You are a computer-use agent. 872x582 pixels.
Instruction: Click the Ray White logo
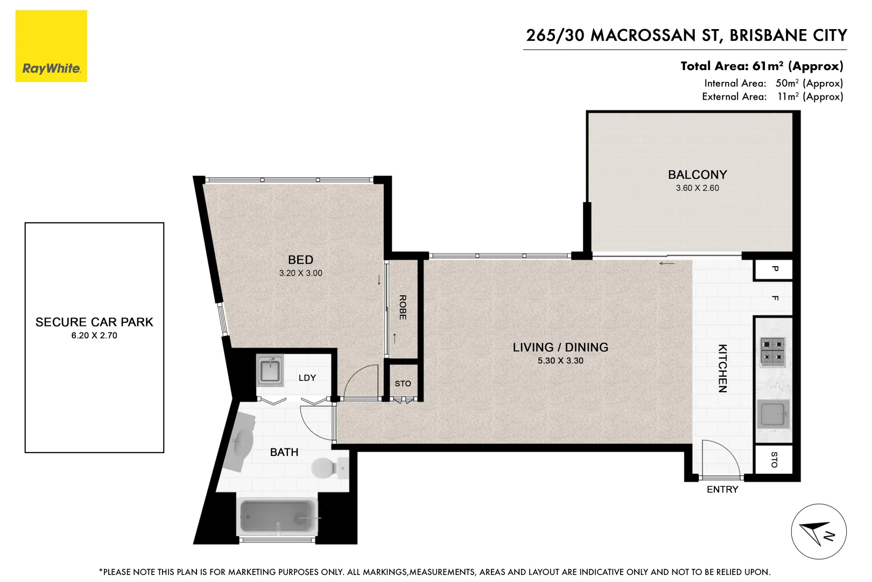(51, 46)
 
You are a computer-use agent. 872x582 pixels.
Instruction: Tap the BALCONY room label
(697, 175)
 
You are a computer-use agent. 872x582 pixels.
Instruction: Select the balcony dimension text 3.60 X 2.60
(697, 188)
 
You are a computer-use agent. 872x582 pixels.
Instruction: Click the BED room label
(300, 260)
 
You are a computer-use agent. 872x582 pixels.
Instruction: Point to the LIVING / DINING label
(560, 348)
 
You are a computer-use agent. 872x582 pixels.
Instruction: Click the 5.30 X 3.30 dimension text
(560, 361)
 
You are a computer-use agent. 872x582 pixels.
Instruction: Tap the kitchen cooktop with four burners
(772, 351)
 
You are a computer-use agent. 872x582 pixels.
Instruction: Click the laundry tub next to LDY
(270, 370)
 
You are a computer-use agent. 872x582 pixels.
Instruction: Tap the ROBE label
(403, 307)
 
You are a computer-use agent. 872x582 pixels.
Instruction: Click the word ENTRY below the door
(722, 489)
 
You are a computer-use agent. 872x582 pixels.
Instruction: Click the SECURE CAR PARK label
(94, 322)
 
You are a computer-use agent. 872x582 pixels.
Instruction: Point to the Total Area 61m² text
(761, 66)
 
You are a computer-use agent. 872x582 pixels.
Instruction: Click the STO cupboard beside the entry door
(773, 460)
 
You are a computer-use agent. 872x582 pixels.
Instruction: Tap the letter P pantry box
(774, 269)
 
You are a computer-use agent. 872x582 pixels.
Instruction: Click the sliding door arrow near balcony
(667, 264)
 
